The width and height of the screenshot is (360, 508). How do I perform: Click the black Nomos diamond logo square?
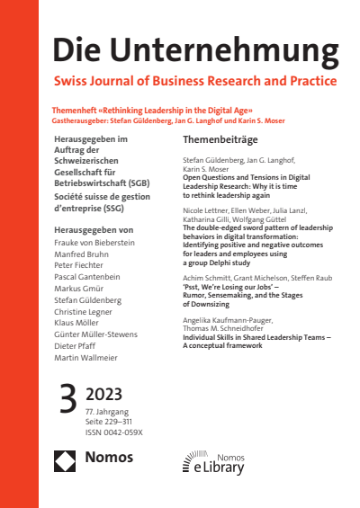pos(67,462)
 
